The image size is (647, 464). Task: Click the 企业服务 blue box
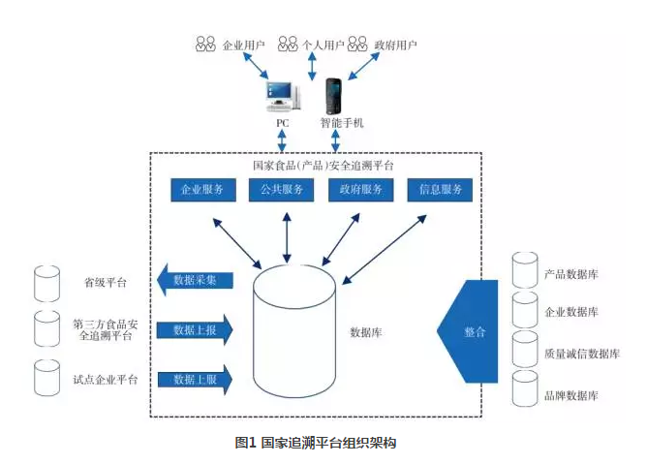203,190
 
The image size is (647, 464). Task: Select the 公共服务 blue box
282,190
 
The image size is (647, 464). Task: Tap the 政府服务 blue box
360,190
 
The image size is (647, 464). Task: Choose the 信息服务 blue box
440,190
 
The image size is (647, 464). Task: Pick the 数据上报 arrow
195,330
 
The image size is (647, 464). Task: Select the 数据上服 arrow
195,379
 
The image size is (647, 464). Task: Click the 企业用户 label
241,45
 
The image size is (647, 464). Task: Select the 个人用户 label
323,45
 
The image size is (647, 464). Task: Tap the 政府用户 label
396,45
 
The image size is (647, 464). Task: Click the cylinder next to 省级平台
46,282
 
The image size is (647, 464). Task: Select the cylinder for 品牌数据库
524,388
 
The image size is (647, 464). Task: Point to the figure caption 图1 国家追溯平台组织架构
316,443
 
